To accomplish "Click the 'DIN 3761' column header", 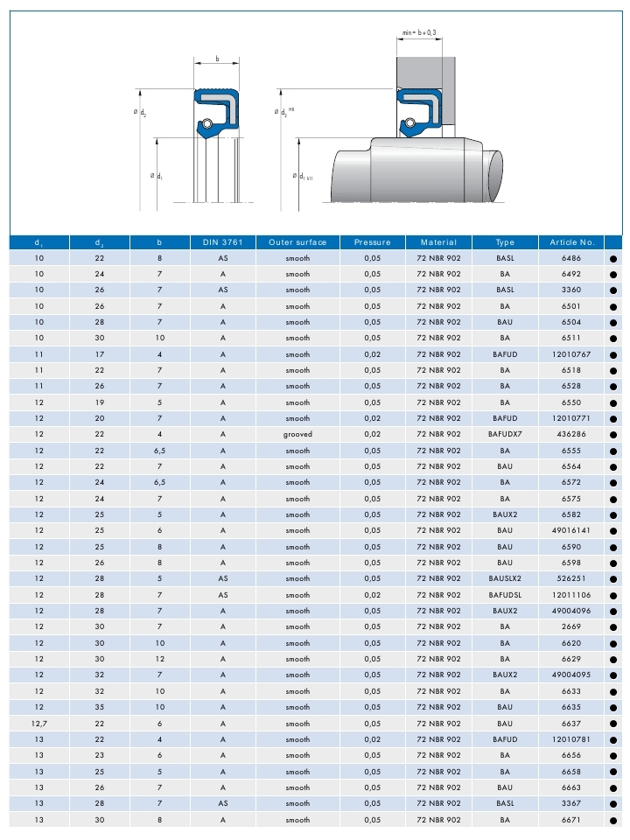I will click(223, 241).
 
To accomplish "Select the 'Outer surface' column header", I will click(297, 241).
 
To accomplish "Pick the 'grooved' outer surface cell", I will click(297, 435).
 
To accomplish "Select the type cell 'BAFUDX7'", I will click(505, 435).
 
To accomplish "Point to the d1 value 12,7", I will click(38, 724).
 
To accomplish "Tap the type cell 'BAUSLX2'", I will click(505, 579).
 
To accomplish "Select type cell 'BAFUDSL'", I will click(505, 595).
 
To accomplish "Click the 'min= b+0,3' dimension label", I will click(419, 32).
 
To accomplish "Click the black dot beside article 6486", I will click(612, 258).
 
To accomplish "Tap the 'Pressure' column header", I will click(372, 241).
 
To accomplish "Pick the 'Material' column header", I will click(438, 241).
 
